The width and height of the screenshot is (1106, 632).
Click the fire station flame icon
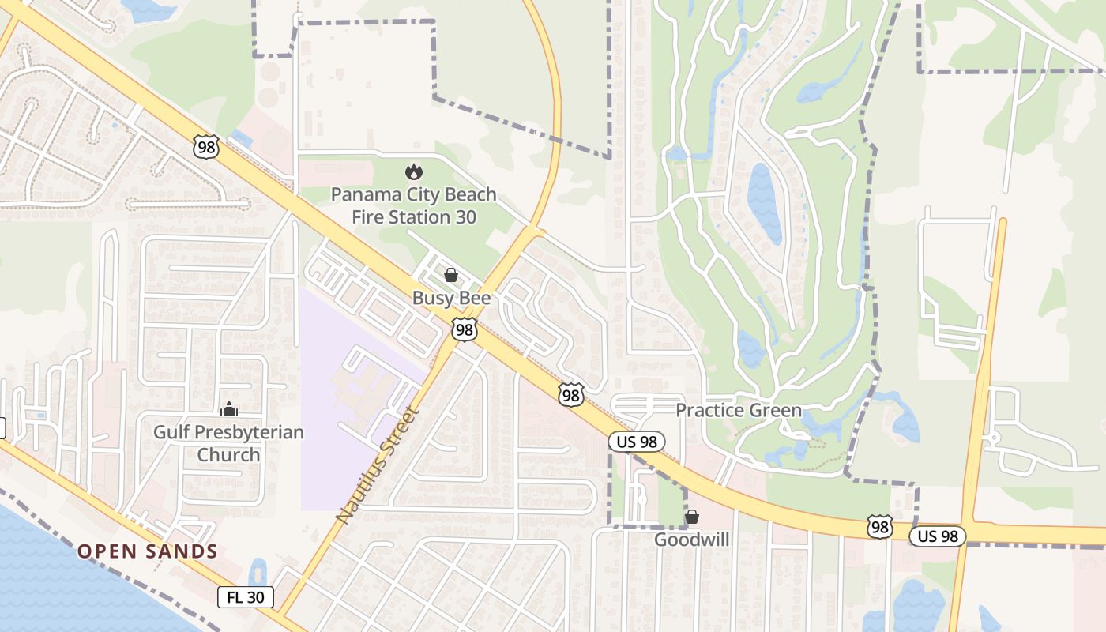coord(412,171)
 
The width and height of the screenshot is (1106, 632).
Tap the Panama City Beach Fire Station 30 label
coord(413,205)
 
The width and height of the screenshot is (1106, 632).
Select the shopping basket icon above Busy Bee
coord(450,275)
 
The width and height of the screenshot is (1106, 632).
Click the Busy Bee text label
coord(451,298)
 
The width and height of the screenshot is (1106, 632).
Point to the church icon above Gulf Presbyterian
coord(229,409)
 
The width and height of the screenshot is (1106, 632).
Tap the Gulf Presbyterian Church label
coord(228,443)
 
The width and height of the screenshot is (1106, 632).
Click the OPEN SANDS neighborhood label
coord(147,551)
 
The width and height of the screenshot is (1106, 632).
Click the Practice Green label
coord(738,410)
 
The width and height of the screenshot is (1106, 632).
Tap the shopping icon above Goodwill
coord(692,517)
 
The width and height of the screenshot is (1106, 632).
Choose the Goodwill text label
coord(692,540)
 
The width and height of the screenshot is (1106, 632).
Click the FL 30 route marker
coord(246,597)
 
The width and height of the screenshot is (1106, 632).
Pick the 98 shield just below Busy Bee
coord(465,329)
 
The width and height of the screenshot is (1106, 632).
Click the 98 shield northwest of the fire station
coord(205,145)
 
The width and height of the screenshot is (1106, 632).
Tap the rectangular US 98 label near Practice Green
coord(637,442)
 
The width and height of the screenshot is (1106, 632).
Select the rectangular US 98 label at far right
coord(938,536)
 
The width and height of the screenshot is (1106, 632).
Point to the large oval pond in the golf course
coord(763,203)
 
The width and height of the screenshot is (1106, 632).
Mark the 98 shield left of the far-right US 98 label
coord(879,527)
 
